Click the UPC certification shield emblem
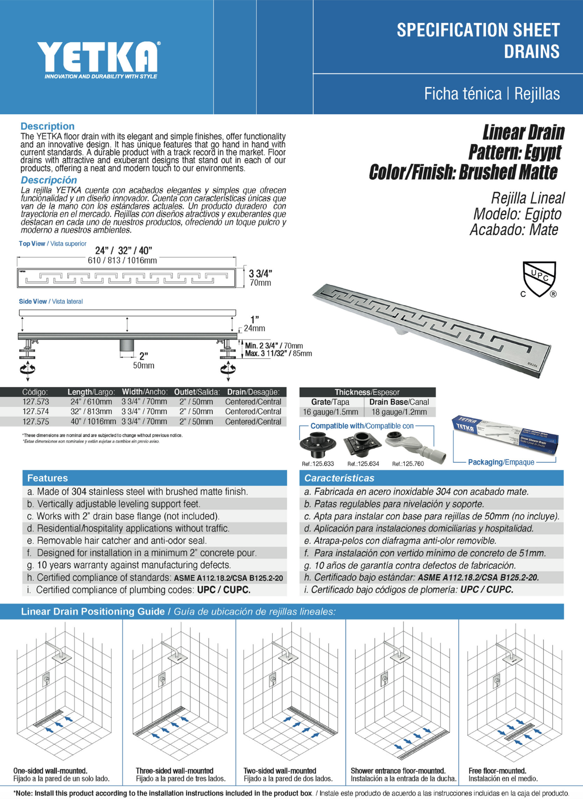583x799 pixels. tap(539, 279)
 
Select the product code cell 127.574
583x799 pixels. tap(36, 412)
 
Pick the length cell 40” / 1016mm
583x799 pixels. tap(91, 421)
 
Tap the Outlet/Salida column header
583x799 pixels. tap(197, 392)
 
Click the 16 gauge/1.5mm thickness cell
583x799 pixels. tap(330, 412)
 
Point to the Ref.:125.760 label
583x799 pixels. tap(407, 464)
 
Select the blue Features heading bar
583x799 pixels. tap(154, 478)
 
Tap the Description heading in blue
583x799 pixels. tap(47, 126)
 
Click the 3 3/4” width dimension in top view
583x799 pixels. tap(260, 274)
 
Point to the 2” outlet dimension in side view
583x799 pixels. tap(143, 356)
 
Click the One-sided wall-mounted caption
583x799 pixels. tap(50, 771)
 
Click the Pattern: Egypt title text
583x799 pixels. tap(514, 152)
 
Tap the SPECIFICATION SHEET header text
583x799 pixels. tap(478, 30)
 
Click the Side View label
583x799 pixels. tap(33, 301)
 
